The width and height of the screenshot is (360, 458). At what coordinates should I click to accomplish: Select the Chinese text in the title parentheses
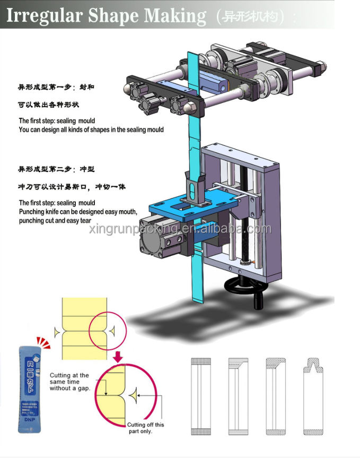pos(250,16)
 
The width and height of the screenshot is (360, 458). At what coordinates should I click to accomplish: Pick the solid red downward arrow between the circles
pos(118,355)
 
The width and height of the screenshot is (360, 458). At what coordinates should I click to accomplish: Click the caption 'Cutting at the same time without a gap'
pos(70,382)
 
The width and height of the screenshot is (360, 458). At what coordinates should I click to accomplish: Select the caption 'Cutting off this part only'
pos(145,428)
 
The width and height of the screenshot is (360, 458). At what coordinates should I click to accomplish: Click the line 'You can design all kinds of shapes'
pos(91,129)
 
